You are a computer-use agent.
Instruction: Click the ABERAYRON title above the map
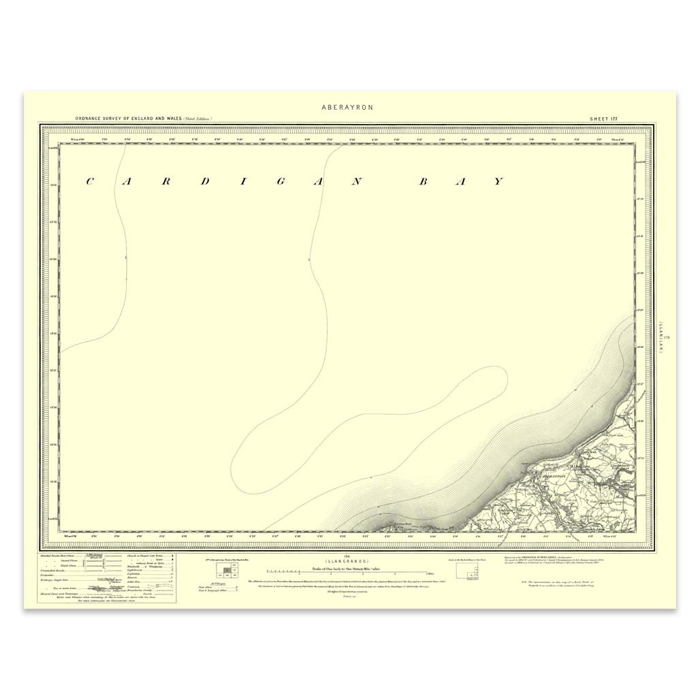[347, 108]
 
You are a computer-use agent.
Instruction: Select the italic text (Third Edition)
[197, 119]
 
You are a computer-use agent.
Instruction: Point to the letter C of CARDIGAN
[89, 181]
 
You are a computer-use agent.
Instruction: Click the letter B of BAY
[422, 181]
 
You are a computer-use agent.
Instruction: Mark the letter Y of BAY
[498, 181]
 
